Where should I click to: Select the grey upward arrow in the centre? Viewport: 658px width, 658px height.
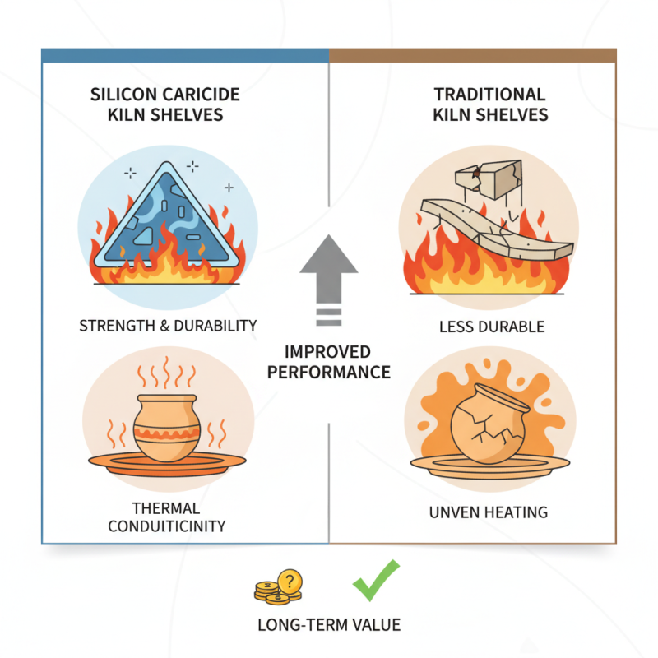pyautogui.click(x=328, y=267)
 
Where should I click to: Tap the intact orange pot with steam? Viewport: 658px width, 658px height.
pyautogui.click(x=167, y=425)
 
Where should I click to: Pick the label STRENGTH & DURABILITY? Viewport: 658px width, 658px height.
pyautogui.click(x=169, y=326)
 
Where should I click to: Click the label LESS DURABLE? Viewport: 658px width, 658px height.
pyautogui.click(x=491, y=327)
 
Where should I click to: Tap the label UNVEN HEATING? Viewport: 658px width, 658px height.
pyautogui.click(x=489, y=512)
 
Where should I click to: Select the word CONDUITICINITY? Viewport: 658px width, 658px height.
pyautogui.click(x=167, y=525)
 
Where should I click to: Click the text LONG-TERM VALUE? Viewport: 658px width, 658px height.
pyautogui.click(x=329, y=625)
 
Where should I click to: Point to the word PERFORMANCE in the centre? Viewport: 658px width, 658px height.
pyautogui.click(x=329, y=372)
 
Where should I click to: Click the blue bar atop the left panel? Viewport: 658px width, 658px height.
pyautogui.click(x=185, y=55)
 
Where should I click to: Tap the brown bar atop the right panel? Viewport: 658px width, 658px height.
pyautogui.click(x=472, y=55)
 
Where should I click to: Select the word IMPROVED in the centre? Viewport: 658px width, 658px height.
pyautogui.click(x=329, y=351)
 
